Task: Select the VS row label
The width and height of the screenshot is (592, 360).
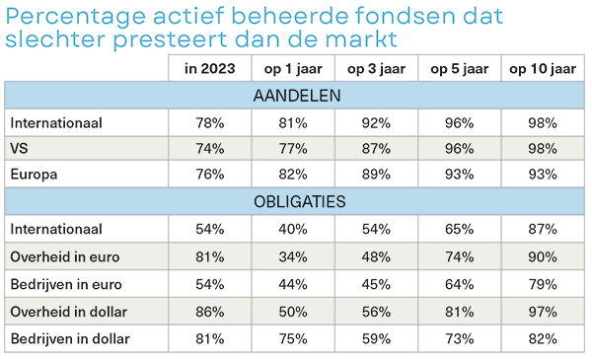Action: [20, 149]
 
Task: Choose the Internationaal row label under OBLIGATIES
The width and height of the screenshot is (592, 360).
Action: [56, 229]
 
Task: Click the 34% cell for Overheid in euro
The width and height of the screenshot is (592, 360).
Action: [293, 256]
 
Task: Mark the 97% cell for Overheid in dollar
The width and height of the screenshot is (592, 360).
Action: [542, 313]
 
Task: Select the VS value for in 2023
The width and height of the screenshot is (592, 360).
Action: [209, 149]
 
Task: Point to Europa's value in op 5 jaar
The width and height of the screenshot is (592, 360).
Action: [459, 176]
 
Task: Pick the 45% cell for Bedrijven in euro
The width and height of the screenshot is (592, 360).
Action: [376, 285]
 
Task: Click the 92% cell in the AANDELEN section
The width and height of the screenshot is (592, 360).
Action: [376, 123]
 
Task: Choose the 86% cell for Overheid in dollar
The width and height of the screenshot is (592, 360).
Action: [209, 313]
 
